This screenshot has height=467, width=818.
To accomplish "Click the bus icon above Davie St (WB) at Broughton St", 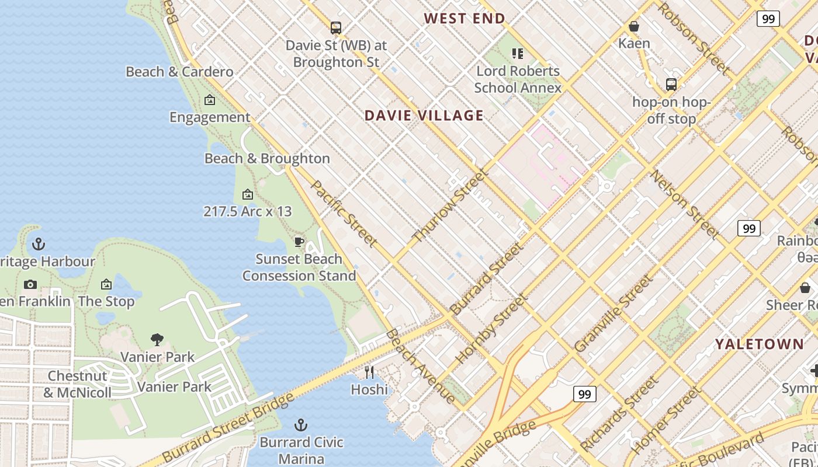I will (335, 27).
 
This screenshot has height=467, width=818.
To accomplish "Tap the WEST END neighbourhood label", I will (465, 18).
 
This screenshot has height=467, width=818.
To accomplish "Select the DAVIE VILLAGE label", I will (424, 115).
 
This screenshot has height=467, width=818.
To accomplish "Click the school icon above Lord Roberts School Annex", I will (517, 54).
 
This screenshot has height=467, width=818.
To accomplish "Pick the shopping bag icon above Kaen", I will (634, 26).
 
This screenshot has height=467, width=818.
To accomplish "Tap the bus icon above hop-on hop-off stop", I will (671, 85).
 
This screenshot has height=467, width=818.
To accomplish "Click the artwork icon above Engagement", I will (210, 100).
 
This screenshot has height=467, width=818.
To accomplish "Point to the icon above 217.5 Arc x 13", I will (248, 194).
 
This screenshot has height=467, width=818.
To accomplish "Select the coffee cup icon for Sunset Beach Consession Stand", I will (299, 242).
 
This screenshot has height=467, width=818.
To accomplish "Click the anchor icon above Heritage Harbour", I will (39, 244).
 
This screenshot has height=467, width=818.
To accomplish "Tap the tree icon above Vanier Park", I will (157, 339).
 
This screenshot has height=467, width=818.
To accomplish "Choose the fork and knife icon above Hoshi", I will (369, 372).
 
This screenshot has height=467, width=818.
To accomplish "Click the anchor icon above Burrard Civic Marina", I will (301, 425).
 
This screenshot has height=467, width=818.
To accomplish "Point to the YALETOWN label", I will (759, 344).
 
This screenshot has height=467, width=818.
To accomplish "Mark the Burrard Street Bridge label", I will (228, 428).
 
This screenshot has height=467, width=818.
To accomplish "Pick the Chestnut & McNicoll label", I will (77, 384).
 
